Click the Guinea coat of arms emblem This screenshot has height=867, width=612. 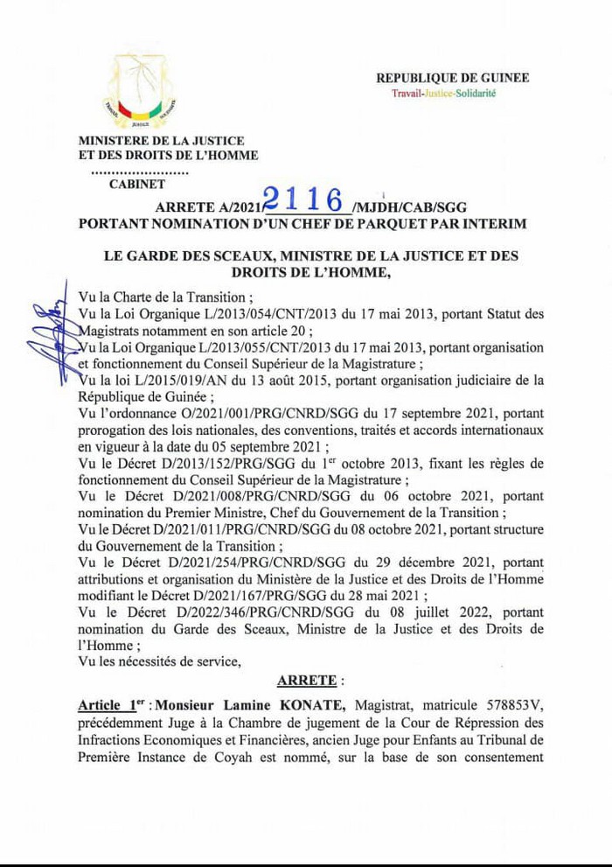point(139,91)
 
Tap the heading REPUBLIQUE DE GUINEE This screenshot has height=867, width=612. point(453,78)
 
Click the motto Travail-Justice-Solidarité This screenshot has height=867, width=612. point(443,93)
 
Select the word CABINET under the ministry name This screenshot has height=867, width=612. point(137,184)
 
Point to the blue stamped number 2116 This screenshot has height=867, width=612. point(306,199)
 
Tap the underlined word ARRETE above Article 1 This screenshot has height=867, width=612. point(306,679)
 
